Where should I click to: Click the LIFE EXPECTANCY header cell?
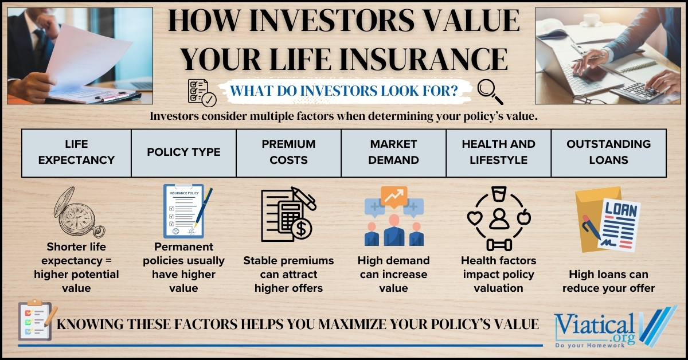[76, 152]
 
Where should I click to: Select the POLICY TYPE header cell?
[183, 152]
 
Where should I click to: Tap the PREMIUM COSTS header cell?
[288, 152]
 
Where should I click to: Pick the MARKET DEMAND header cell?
[393, 152]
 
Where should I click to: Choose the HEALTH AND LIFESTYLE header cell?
[498, 152]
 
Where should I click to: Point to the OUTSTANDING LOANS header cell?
[608, 152]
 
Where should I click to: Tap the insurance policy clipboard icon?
[185, 211]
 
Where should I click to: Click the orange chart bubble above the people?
[394, 197]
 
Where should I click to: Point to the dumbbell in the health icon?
[498, 244]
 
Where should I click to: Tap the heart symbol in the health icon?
[474, 218]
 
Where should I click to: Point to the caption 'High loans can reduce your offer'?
[608, 281]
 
